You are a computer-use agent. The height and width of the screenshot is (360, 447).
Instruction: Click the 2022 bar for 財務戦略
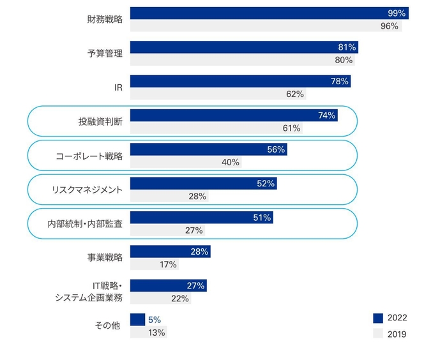(268, 13)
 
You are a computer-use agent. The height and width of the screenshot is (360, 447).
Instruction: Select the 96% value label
(389, 26)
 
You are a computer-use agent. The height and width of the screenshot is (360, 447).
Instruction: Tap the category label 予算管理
(105, 54)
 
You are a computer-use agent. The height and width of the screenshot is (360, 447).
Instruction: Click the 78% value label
(339, 81)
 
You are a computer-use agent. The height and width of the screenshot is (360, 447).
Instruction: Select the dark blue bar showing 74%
(233, 116)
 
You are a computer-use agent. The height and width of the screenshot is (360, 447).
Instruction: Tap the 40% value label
(231, 162)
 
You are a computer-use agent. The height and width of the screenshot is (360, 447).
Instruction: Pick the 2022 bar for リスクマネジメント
(203, 183)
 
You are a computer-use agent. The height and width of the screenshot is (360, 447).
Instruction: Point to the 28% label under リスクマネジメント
(197, 197)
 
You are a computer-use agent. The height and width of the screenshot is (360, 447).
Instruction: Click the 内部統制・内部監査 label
(85, 223)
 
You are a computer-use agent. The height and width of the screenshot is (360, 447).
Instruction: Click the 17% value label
(169, 264)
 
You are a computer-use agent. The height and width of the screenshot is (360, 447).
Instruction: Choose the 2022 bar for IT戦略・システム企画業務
(168, 285)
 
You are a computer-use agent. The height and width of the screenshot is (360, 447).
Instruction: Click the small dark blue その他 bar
(137, 319)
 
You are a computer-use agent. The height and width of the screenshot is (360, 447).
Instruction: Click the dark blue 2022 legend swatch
(377, 318)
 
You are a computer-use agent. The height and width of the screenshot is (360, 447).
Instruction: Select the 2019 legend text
(397, 333)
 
